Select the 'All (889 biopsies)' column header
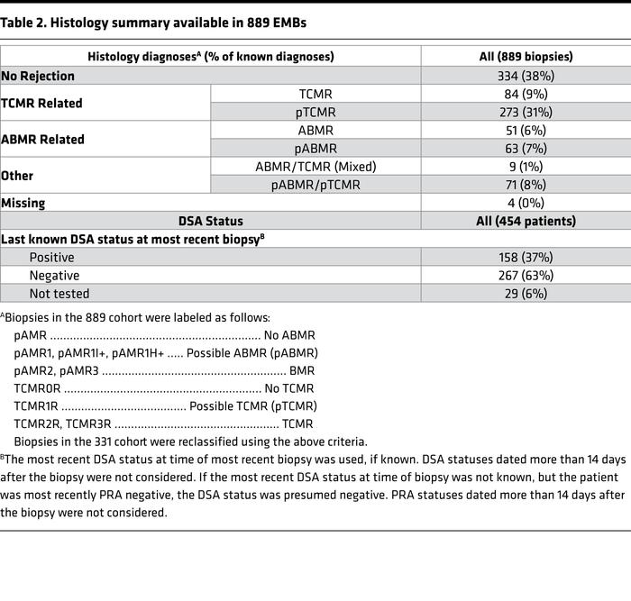[526, 57]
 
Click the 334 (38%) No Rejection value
[526, 76]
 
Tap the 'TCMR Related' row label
[42, 103]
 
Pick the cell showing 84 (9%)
[526, 94]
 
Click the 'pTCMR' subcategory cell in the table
[315, 112]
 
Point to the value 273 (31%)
[526, 112]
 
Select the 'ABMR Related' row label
[42, 140]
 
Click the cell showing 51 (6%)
[526, 130]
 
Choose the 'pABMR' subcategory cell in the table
[315, 149]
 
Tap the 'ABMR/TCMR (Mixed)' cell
[315, 167]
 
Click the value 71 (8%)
[526, 185]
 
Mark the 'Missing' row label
[24, 204]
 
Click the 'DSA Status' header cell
[211, 221]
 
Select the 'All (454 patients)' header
[526, 221]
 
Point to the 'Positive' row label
[52, 258]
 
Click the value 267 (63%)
[526, 276]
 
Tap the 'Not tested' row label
[59, 294]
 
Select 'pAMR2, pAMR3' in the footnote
[57, 370]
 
